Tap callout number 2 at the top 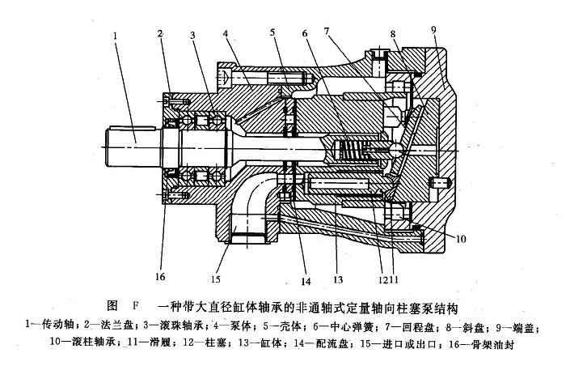[161, 33]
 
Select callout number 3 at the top [193, 36]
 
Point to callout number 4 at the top [227, 34]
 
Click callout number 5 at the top [273, 33]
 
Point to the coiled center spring [348, 150]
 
